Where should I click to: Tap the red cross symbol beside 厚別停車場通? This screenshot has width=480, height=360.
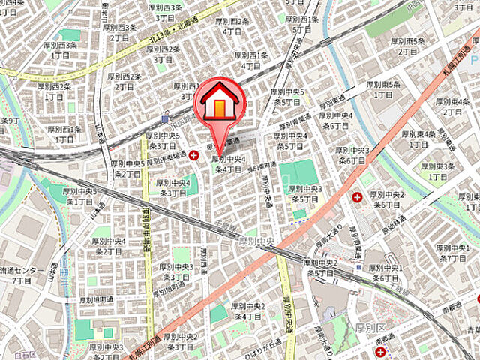click(195, 155)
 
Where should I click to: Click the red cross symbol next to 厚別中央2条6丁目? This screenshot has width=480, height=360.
click(356, 196)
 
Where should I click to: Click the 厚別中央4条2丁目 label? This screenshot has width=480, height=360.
click(108, 246)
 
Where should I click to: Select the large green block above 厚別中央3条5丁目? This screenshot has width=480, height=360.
click(302, 173)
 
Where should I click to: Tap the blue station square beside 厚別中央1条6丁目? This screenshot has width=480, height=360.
click(359, 267)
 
